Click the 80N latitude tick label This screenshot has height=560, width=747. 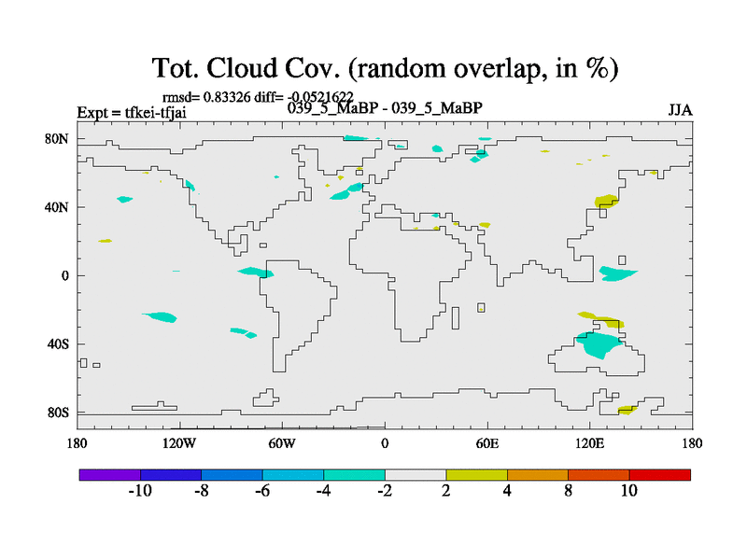point(57,139)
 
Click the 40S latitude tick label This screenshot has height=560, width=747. point(58,343)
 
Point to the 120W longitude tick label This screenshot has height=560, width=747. point(179,444)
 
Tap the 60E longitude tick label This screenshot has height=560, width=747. point(487,444)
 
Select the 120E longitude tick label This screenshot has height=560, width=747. point(590,444)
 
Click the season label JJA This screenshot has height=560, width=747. point(680,110)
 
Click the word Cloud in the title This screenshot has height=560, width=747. point(242,68)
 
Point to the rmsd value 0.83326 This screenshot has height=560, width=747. point(227,97)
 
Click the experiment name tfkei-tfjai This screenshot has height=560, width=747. point(155,113)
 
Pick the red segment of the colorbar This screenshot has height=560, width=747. point(660,475)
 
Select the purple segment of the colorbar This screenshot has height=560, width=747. point(110,475)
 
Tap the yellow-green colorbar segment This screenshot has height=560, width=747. point(476,475)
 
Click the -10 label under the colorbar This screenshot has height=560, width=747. point(140,491)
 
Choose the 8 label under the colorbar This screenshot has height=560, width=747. point(568,491)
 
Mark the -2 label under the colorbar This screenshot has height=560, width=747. point(385,491)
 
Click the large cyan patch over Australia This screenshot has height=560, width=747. point(599,344)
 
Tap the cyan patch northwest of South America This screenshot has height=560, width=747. point(256,272)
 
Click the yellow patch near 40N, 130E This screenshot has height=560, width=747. point(606,201)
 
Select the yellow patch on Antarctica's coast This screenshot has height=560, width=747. point(627,410)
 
